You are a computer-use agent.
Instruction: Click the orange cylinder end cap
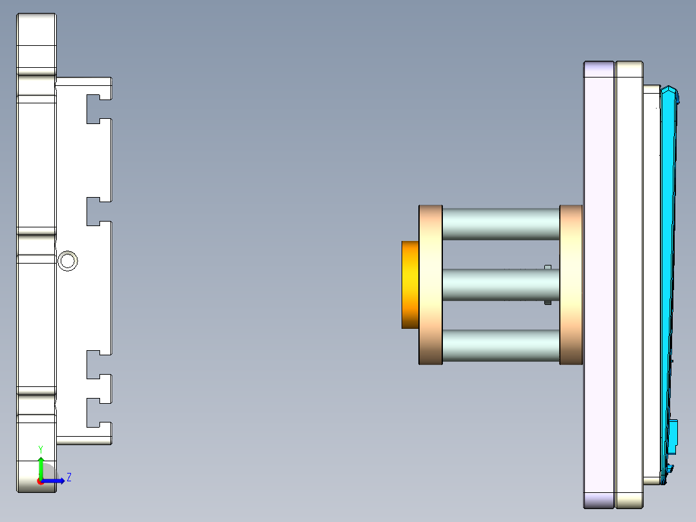pos(410,284)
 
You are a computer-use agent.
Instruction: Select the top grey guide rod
pos(500,224)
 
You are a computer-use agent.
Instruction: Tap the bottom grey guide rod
pos(500,345)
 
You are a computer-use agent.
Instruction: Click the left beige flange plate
pos(431,284)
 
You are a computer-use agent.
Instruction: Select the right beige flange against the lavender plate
pos(571,284)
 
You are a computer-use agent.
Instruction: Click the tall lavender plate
pos(599,284)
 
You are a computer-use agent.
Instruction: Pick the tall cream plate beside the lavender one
pos(629,284)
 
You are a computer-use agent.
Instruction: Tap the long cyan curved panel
pos(670,258)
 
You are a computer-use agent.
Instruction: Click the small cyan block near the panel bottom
pos(673,435)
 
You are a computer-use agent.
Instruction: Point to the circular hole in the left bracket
pos(68,261)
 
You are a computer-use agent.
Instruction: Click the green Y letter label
pos(41,449)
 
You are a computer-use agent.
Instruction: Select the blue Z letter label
pos(68,477)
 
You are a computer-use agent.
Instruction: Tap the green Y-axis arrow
pos(41,466)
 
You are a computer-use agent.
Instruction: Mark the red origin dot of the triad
pos(40,481)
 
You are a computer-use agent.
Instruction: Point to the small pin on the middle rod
pos(548,284)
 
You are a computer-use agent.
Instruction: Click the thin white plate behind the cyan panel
pos(651,284)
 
